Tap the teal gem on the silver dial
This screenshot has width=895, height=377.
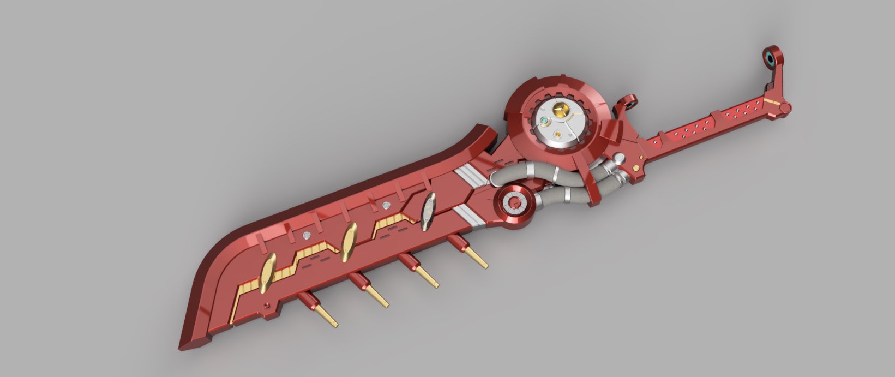[544, 121]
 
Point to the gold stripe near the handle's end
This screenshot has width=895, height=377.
[769, 102]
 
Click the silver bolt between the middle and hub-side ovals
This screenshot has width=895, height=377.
[387, 205]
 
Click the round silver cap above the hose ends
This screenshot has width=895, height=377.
[619, 159]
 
